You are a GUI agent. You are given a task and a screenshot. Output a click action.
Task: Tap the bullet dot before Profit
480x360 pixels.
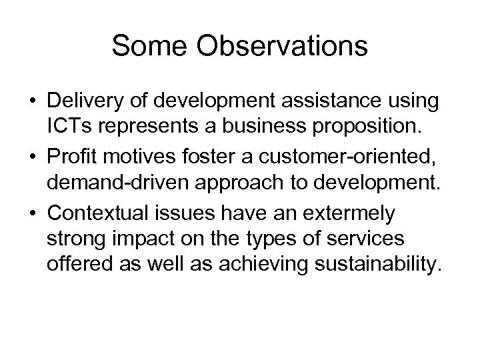(x=32, y=149)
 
